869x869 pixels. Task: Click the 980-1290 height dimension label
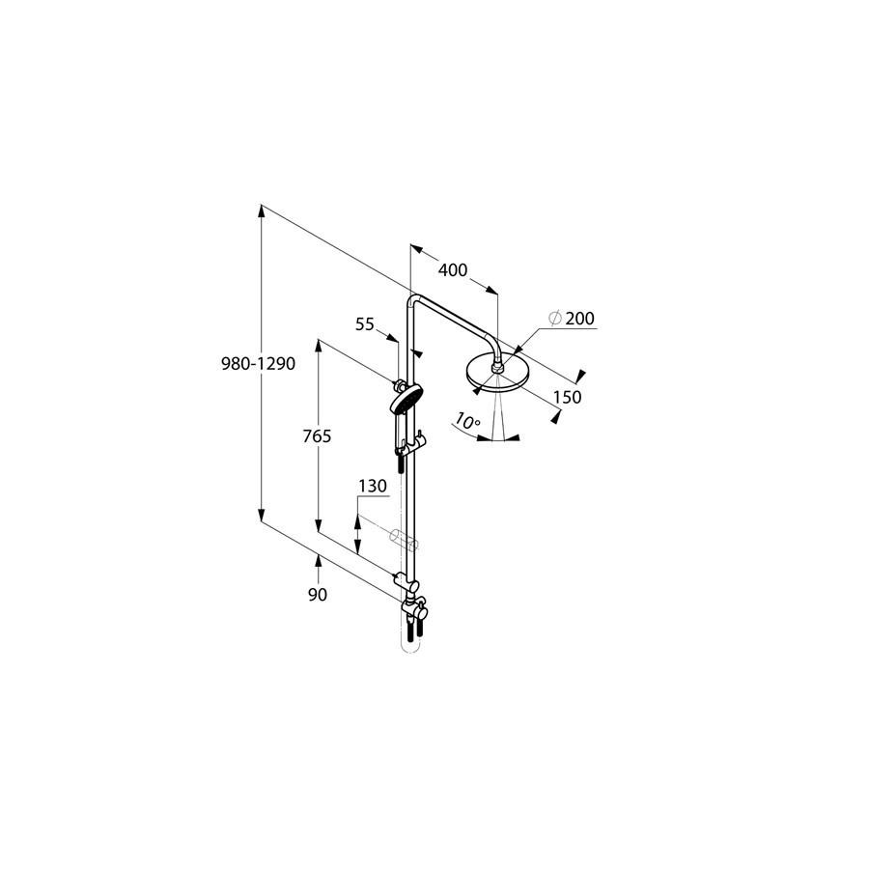258,364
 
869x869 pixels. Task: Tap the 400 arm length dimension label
453,270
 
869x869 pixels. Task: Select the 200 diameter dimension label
579,318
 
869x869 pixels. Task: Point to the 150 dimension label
568,397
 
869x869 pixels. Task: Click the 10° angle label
466,421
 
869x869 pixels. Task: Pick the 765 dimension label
317,436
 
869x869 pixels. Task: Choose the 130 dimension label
373,486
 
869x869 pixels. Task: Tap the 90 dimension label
318,595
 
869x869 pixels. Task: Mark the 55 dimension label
365,324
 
